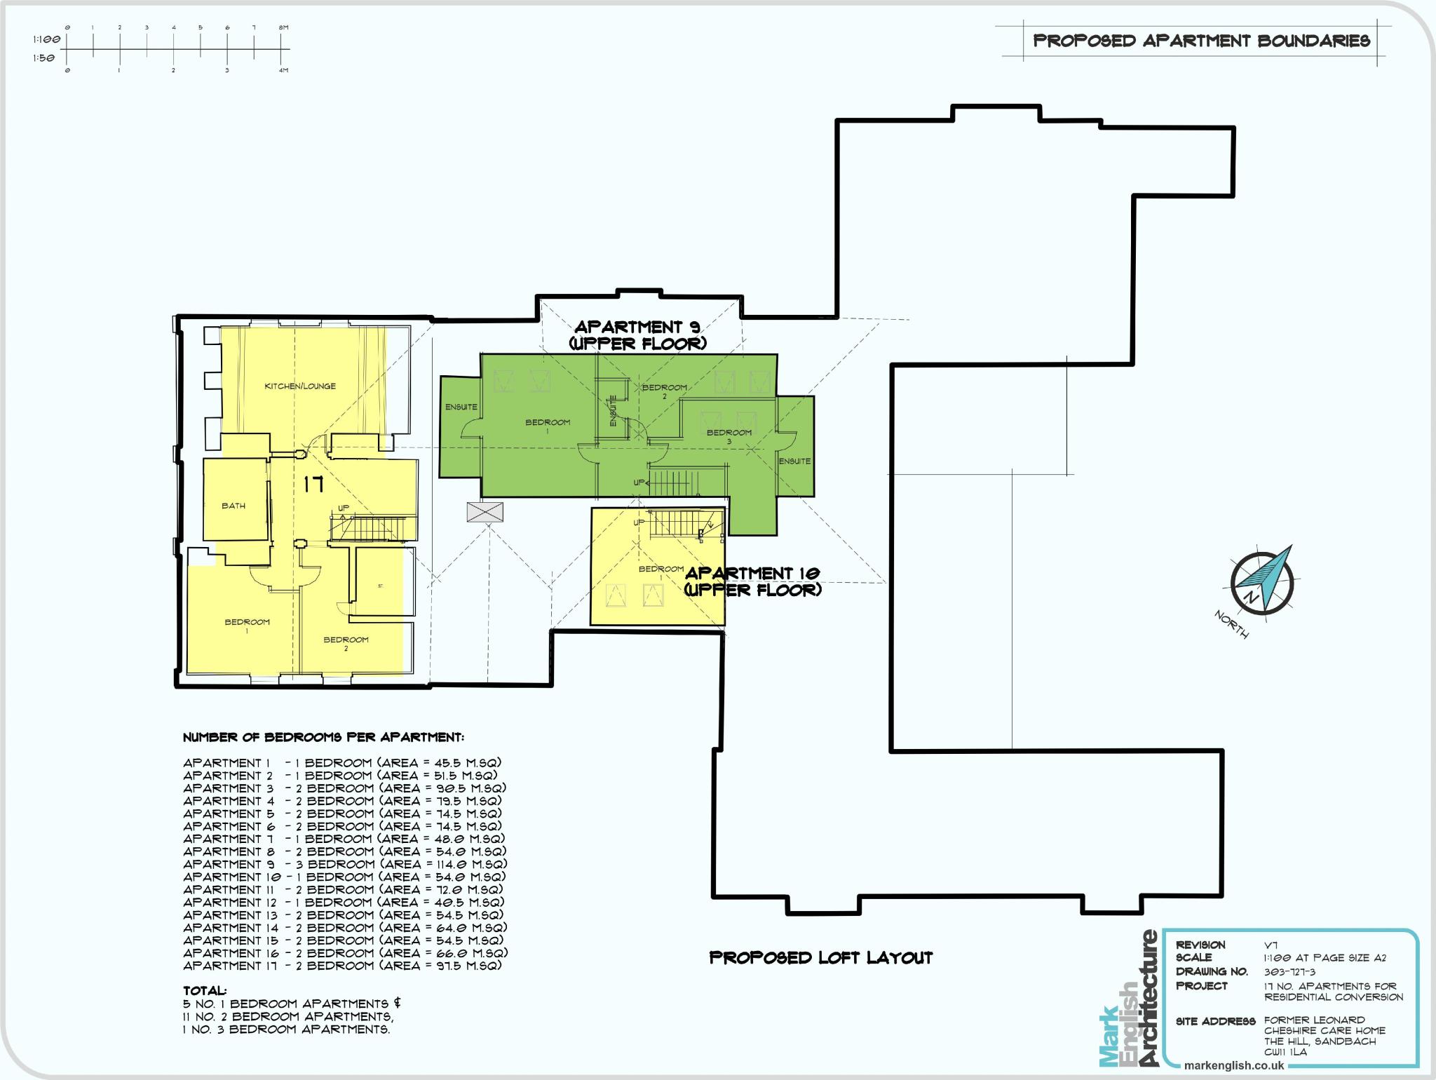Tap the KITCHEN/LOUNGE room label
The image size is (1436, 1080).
click(299, 386)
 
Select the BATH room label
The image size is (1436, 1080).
click(233, 506)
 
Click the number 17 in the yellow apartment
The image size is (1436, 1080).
click(313, 484)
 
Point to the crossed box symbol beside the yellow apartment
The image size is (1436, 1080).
click(485, 512)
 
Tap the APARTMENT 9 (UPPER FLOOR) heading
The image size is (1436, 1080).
click(637, 335)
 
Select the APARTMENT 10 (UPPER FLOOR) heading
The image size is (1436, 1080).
click(752, 581)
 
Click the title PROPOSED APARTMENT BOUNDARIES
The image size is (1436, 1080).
click(1201, 41)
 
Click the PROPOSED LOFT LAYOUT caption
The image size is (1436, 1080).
click(821, 957)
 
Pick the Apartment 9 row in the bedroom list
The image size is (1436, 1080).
click(344, 864)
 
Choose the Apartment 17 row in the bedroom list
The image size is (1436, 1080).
click(342, 966)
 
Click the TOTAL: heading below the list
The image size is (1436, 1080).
click(205, 991)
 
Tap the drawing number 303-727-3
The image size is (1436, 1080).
click(1289, 972)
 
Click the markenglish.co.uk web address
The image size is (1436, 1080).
click(1233, 1065)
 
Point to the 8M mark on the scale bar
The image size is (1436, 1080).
click(283, 28)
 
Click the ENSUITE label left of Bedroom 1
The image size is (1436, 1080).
click(461, 407)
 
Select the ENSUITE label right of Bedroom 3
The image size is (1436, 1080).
click(794, 461)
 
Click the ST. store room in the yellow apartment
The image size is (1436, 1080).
click(380, 585)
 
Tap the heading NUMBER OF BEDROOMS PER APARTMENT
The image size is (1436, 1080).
click(323, 738)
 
